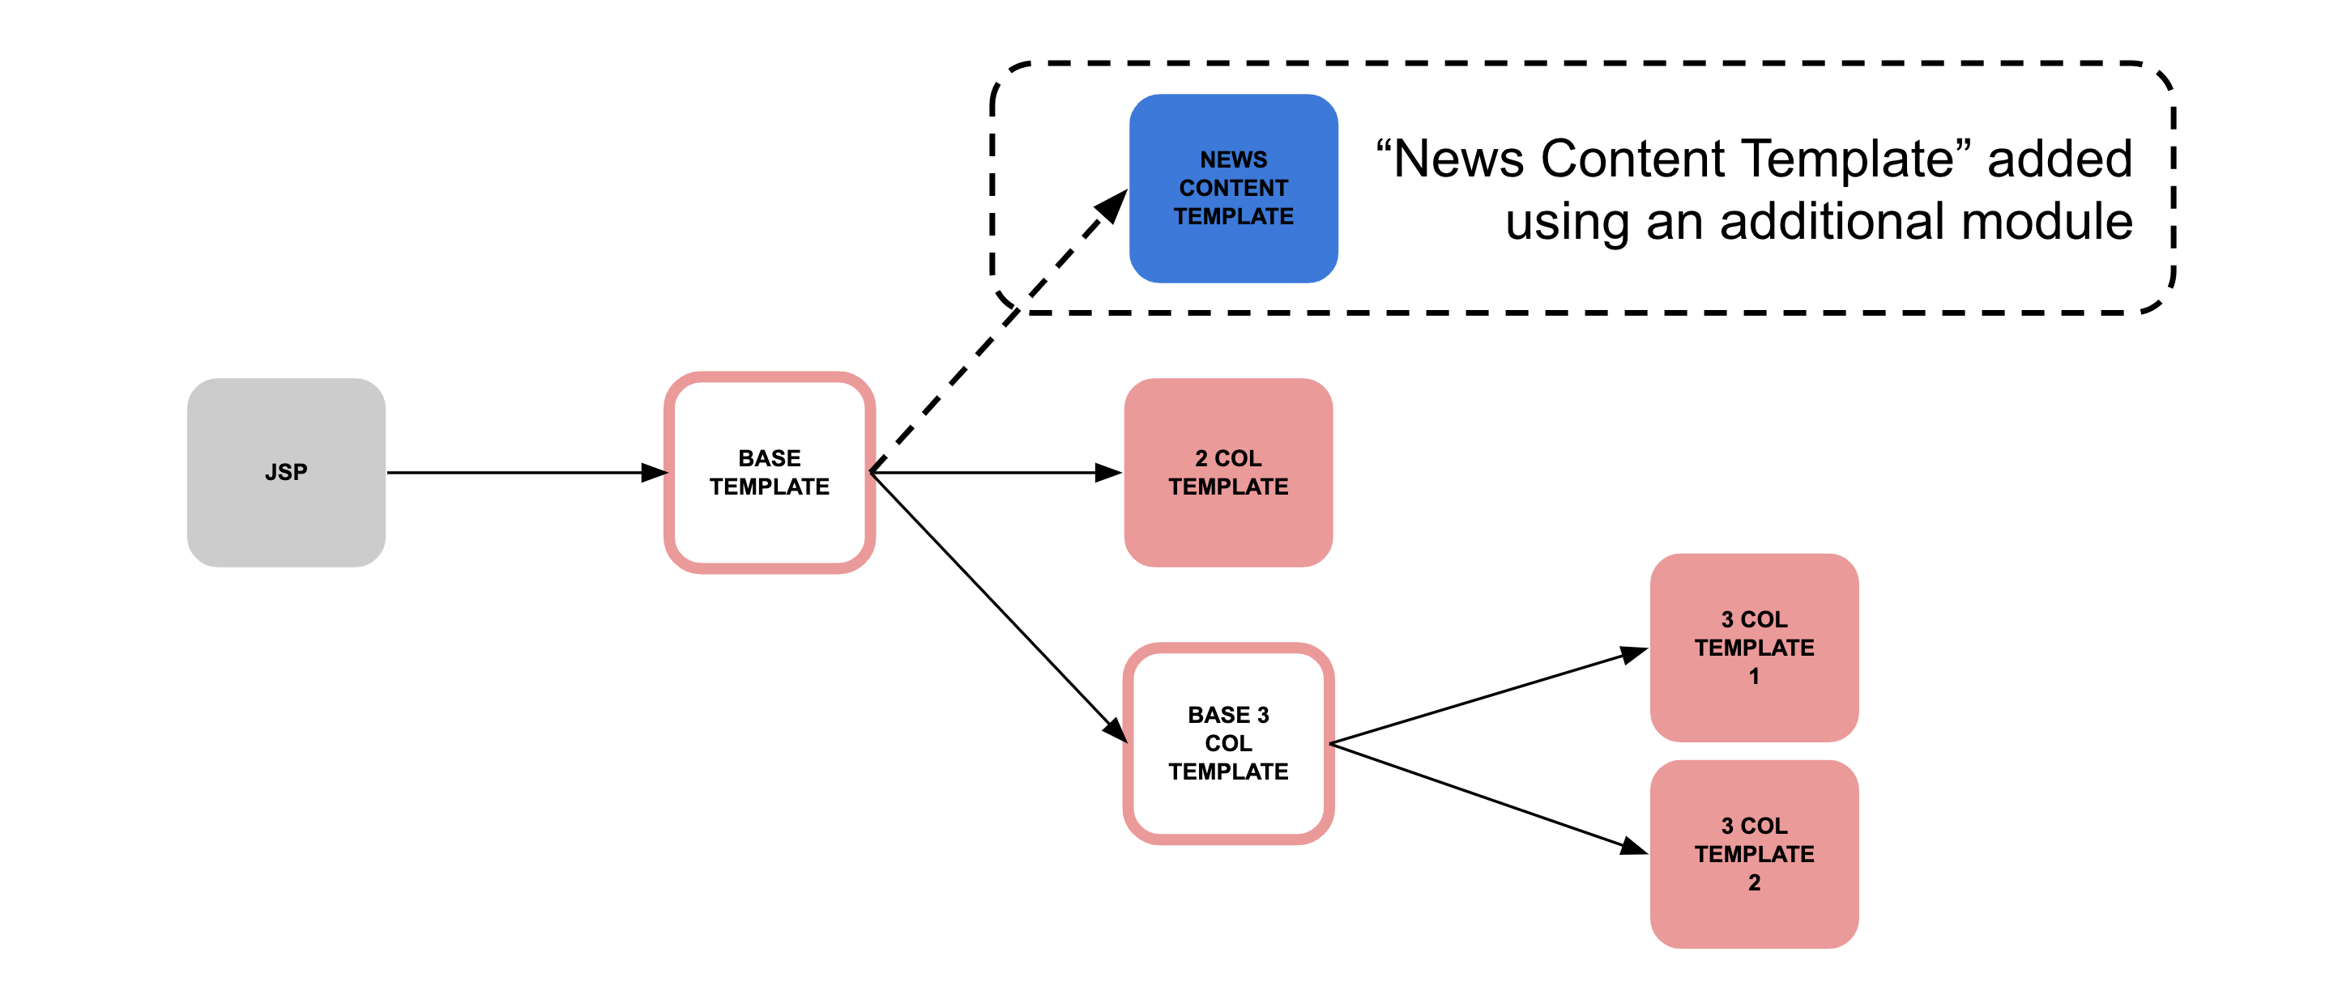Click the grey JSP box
tap(286, 473)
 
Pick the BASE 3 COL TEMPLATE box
tap(1228, 743)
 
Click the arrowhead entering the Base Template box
tap(654, 473)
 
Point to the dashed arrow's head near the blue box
tap(1111, 206)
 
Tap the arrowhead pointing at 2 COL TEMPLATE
tap(1107, 473)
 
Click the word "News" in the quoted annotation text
tap(1457, 159)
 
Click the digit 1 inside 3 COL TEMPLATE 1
tap(1753, 677)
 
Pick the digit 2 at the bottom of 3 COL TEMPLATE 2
tap(1753, 882)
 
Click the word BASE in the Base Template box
tap(769, 458)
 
